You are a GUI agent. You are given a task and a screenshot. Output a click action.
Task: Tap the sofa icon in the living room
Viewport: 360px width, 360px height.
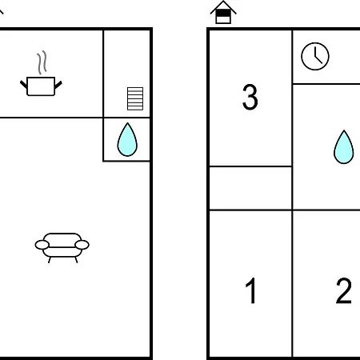(x=62, y=247)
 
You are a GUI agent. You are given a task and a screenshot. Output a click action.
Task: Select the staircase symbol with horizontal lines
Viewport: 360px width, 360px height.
(x=135, y=98)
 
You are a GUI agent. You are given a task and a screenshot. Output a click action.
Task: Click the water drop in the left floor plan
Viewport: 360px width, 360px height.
(x=127, y=140)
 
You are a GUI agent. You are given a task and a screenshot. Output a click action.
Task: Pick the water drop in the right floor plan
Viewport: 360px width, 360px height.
(x=344, y=147)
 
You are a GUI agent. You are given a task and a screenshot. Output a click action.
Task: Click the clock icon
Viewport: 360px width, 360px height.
(x=315, y=56)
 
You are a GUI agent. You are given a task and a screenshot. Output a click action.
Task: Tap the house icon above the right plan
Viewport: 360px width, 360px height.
(x=223, y=12)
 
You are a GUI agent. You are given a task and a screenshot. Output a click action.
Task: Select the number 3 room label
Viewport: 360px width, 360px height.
(x=250, y=97)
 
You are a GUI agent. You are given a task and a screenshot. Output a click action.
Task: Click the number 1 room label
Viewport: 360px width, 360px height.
(x=250, y=290)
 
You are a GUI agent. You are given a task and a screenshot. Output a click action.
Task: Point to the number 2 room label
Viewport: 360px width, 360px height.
(x=343, y=290)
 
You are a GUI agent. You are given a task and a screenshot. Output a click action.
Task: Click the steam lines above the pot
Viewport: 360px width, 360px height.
(x=42, y=62)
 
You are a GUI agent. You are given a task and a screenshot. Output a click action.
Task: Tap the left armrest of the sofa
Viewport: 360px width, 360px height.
(x=42, y=245)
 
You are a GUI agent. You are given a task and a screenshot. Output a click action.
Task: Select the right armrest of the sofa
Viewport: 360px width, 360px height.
(x=82, y=245)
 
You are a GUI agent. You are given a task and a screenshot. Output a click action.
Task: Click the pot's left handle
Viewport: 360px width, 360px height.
(x=24, y=84)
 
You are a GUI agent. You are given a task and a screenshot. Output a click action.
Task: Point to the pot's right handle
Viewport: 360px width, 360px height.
(x=58, y=85)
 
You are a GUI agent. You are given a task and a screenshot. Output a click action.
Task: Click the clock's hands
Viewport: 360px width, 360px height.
(x=318, y=55)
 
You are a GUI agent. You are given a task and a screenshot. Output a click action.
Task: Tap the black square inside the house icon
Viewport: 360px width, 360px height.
(x=223, y=13)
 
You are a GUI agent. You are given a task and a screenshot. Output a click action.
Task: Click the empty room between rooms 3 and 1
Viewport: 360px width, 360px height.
(x=250, y=188)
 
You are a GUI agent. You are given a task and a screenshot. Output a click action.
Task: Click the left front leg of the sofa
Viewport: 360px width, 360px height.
(x=50, y=260)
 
